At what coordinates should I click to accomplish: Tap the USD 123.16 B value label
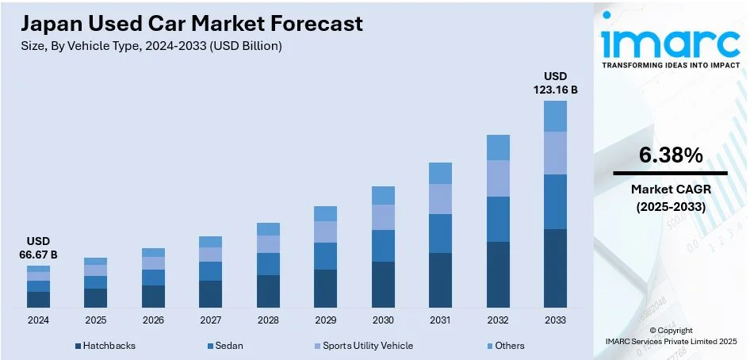tap(554, 82)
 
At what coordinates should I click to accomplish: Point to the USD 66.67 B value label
tap(38, 247)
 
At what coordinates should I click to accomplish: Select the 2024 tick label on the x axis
tap(38, 320)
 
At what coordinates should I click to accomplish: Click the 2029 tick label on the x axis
tap(325, 320)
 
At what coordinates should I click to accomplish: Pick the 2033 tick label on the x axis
tap(555, 320)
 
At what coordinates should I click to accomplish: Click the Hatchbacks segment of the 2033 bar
tap(555, 268)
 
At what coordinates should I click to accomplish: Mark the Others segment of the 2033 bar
tap(555, 116)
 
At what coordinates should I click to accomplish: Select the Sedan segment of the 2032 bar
tap(498, 219)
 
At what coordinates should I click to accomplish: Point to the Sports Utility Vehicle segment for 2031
tap(440, 199)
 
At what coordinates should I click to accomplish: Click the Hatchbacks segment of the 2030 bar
tap(383, 285)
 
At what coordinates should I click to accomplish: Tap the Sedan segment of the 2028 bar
tap(268, 264)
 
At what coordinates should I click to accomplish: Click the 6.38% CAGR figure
tap(671, 156)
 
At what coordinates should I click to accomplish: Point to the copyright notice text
tap(671, 335)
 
